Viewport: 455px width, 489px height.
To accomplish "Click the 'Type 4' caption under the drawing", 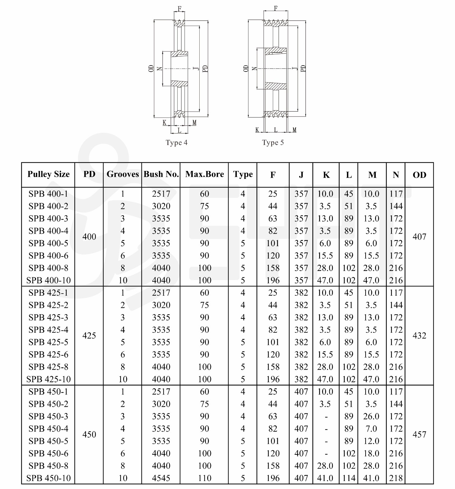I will coord(176,143).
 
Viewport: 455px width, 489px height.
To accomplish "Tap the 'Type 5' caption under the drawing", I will coord(273,143).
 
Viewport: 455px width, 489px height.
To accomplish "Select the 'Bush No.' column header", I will coord(161,174).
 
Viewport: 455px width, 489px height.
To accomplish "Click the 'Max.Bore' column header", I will coord(205,174).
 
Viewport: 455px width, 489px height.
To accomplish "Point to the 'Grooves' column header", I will coord(122,174).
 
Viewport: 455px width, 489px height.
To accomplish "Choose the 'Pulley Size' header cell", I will coord(48,174).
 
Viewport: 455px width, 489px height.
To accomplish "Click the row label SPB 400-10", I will coord(48,280).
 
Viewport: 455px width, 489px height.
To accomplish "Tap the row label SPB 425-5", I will coord(48,342).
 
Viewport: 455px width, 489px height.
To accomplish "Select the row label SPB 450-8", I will coord(48,466).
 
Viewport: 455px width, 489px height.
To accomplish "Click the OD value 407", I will coord(419,237).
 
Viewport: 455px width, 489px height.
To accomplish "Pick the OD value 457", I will coord(419,435).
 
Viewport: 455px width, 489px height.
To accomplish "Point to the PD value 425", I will coord(89,336).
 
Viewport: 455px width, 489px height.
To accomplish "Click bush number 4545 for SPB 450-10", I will coord(161,478).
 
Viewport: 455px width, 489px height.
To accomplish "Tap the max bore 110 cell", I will coord(205,478).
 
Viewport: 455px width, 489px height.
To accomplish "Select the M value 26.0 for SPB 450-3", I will coord(371,417).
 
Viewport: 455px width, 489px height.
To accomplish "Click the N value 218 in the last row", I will coord(396,478).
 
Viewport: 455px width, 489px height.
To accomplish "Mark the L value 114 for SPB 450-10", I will coord(349,478).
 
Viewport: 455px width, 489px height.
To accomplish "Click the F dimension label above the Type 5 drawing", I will coord(276,9).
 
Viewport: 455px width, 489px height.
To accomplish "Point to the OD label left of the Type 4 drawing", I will coord(151,69).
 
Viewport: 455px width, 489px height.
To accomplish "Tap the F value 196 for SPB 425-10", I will coord(273,379).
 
